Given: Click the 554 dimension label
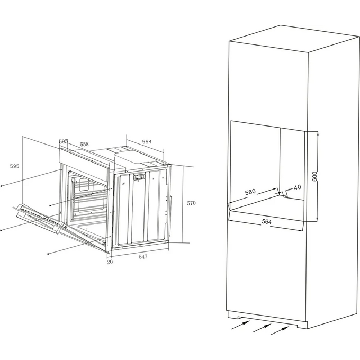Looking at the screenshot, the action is coord(147,142).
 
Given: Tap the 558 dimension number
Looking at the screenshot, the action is coord(84,144).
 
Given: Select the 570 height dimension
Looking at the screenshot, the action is coord(191,203).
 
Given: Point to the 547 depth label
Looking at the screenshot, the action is coord(143,257).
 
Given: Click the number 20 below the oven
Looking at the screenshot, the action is coord(110,262).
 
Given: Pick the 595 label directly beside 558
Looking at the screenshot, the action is coord(63,141).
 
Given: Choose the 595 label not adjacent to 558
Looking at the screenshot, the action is coord(15,166).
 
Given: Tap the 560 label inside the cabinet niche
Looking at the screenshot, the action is coord(250,192).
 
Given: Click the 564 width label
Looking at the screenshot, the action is coord(266,222).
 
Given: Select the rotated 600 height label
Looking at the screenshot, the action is coord(314,176).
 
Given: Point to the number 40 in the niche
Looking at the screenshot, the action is coord(298,187).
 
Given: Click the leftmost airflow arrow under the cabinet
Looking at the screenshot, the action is coord(240,325).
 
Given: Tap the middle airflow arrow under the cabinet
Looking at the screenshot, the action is coord(262,328).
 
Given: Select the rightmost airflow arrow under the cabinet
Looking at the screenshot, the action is coord(280,330).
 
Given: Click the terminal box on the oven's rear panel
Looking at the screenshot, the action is coord(139,177).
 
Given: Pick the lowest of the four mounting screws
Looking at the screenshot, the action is coord(48,254).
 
